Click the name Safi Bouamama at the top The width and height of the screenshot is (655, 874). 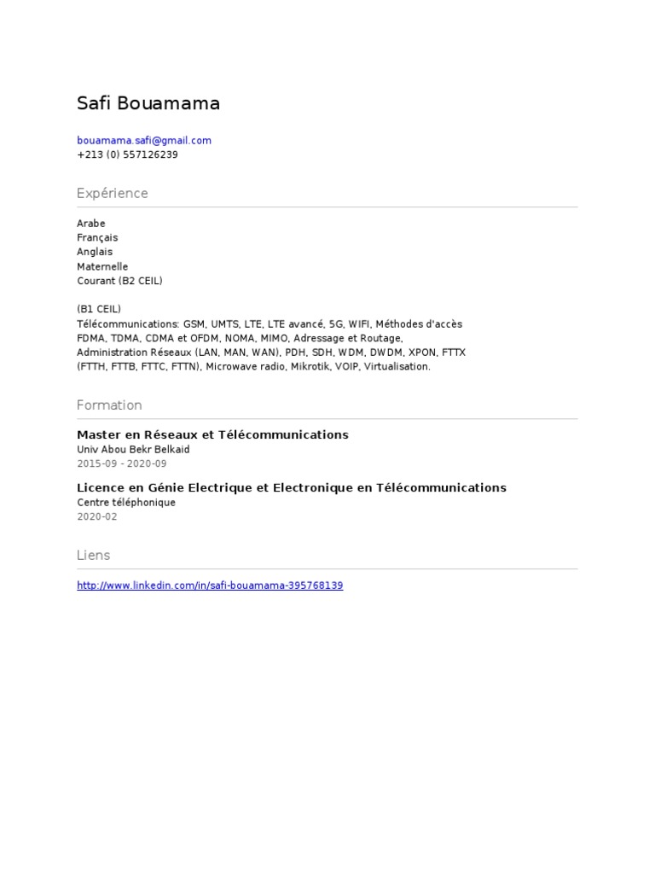pyautogui.click(x=148, y=104)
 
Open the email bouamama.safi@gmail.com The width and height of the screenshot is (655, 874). pyautogui.click(x=144, y=141)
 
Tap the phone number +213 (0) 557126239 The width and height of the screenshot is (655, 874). pyautogui.click(x=127, y=154)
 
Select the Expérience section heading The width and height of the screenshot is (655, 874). pyautogui.click(x=112, y=194)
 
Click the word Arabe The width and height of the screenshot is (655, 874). pyautogui.click(x=91, y=224)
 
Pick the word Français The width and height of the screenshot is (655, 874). pyautogui.click(x=97, y=238)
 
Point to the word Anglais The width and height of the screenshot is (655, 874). pyautogui.click(x=95, y=253)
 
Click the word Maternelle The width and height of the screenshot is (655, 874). pyautogui.click(x=102, y=267)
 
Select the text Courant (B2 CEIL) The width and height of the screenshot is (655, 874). pyautogui.click(x=119, y=281)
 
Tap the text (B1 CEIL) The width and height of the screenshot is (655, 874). pyautogui.click(x=99, y=309)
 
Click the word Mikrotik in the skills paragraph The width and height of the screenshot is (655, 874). pyautogui.click(x=314, y=367)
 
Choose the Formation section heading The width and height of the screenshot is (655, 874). pyautogui.click(x=109, y=405)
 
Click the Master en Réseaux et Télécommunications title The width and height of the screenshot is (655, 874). pyautogui.click(x=212, y=435)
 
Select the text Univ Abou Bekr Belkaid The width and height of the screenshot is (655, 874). pyautogui.click(x=133, y=450)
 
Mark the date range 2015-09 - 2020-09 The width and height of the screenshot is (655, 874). pyautogui.click(x=122, y=463)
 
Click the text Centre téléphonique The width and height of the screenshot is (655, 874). pyautogui.click(x=126, y=503)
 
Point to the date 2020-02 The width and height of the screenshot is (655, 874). pyautogui.click(x=97, y=516)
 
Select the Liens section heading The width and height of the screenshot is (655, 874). pyautogui.click(x=94, y=556)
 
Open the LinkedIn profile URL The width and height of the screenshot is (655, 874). pyautogui.click(x=210, y=586)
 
